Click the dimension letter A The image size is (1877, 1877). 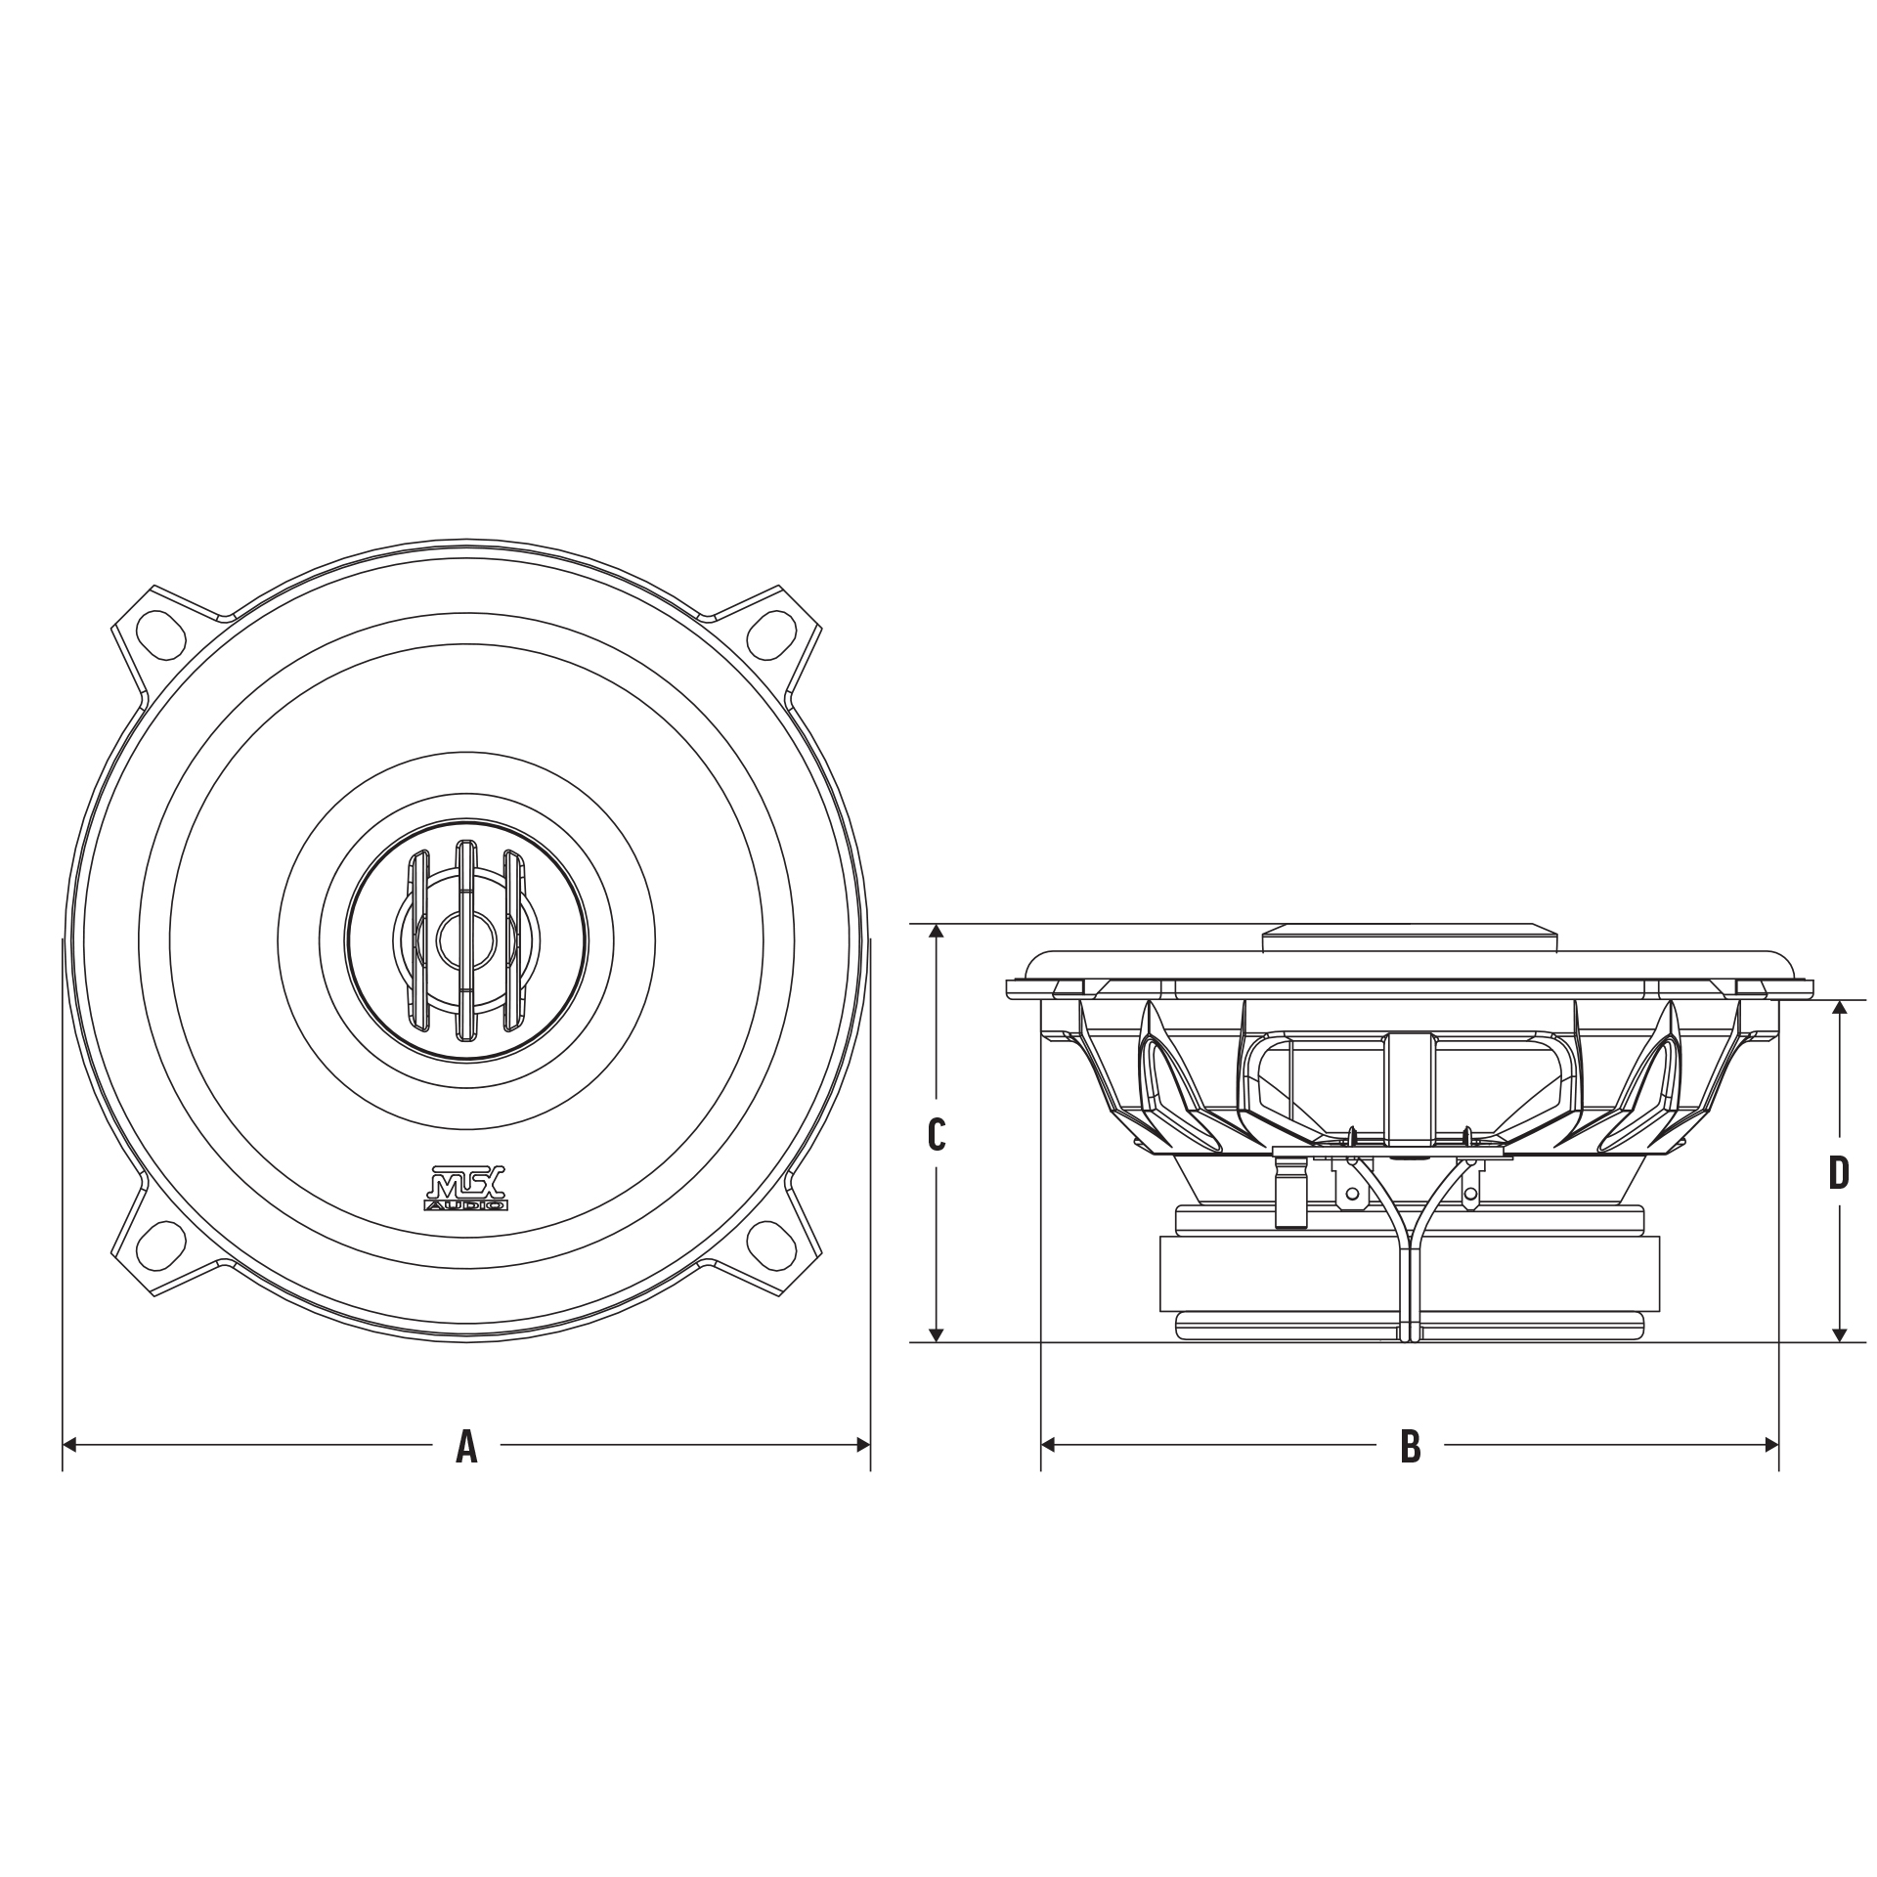point(466,1445)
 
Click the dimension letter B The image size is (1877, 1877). point(1410,1445)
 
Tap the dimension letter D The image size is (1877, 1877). point(1839,1173)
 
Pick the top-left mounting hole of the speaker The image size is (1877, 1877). point(160,632)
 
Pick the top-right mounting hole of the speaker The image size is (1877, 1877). point(771,632)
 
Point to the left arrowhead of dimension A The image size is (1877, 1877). point(69,1445)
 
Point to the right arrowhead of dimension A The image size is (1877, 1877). point(863,1445)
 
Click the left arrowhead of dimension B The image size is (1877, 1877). point(1048,1445)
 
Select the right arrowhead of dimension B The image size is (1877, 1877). point(1770,1445)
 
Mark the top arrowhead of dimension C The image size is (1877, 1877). point(937,931)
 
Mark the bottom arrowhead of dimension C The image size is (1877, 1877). point(937,1334)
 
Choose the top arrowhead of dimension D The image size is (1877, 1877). point(1840,1008)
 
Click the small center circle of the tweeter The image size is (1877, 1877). point(466,939)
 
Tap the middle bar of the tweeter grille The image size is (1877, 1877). point(466,939)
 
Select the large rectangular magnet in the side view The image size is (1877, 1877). point(1409,1274)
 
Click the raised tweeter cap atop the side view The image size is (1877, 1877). point(1410,938)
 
